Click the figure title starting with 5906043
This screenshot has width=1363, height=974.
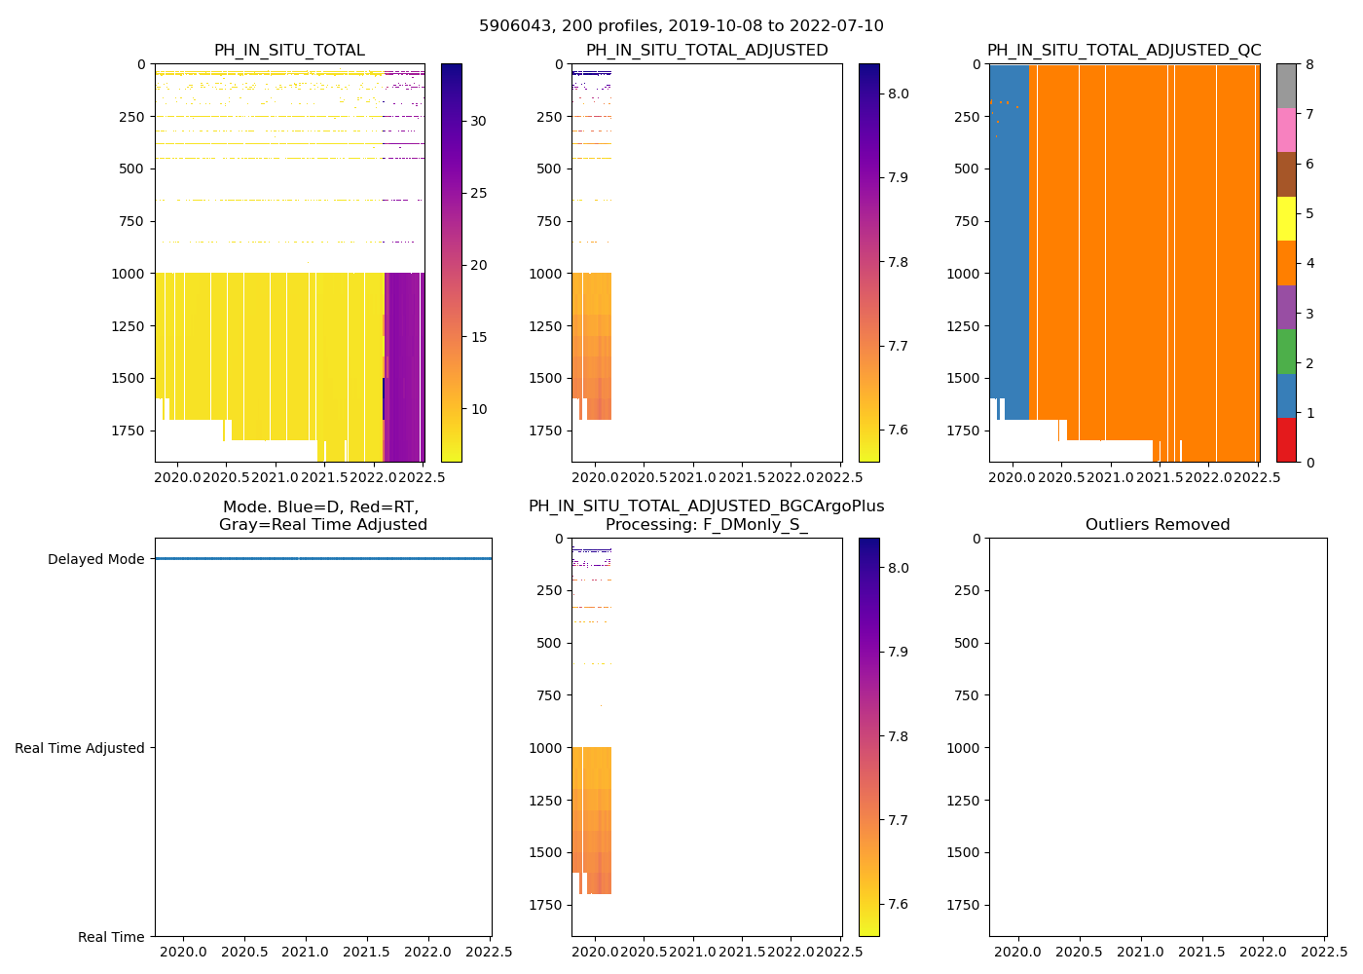tap(681, 26)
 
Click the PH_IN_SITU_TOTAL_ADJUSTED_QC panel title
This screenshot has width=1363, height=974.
tap(1124, 51)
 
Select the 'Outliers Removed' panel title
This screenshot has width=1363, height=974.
tap(1158, 525)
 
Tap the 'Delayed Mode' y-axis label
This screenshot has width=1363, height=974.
tap(96, 560)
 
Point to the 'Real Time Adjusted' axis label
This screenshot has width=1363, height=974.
tap(80, 748)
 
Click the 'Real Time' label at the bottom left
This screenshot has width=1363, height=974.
tap(111, 937)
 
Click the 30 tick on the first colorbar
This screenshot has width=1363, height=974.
tap(479, 121)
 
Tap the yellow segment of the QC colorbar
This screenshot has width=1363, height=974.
tap(1286, 218)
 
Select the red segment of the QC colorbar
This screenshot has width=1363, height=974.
tap(1286, 440)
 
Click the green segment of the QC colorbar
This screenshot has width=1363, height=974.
tap(1286, 352)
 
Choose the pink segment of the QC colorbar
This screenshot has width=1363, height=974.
tap(1286, 130)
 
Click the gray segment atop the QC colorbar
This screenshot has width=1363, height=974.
tap(1286, 86)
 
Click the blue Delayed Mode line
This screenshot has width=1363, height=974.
tap(321, 559)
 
